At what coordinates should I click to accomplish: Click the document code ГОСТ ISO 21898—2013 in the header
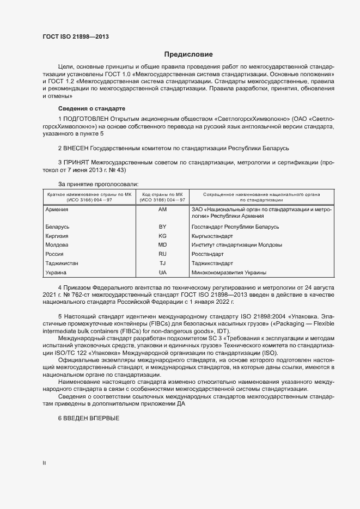[x=78, y=37]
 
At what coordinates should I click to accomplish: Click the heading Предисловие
[x=189, y=54]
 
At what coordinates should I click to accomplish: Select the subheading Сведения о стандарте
[x=91, y=108]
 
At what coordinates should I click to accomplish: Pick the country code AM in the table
[x=162, y=210]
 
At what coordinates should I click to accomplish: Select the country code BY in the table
[x=162, y=226]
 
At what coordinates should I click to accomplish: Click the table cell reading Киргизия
[x=58, y=236]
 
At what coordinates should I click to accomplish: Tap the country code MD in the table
[x=162, y=245]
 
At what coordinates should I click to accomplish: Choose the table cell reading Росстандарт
[x=208, y=254]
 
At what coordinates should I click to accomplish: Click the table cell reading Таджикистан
[x=62, y=263]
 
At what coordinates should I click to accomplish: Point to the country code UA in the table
[x=162, y=272]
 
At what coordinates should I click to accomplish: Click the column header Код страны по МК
[x=162, y=194]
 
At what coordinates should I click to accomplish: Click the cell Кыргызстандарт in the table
[x=212, y=236]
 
